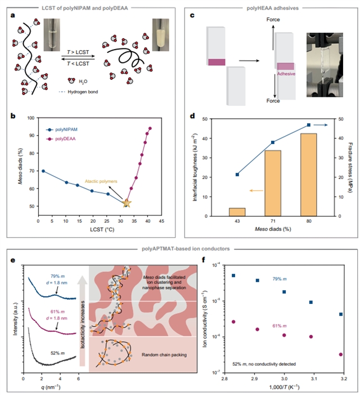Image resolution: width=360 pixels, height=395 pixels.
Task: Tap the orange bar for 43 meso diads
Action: click(237, 212)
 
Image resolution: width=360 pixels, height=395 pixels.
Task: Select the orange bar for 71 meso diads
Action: click(273, 183)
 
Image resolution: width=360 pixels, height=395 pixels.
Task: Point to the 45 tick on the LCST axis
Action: click(161, 223)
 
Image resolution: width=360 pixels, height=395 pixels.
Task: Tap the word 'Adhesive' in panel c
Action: click(286, 73)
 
